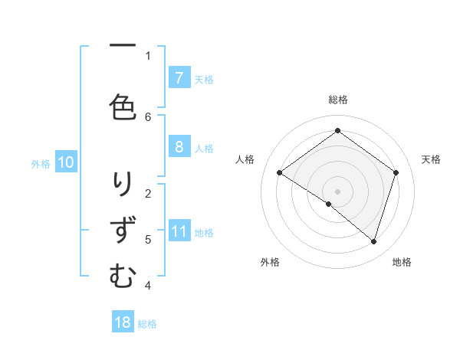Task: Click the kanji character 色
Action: click(122, 108)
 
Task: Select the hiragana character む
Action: click(123, 276)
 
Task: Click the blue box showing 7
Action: click(179, 78)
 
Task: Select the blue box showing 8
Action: click(179, 148)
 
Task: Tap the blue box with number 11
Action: click(179, 232)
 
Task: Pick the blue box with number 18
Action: click(123, 322)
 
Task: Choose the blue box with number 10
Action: click(66, 162)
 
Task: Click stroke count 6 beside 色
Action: click(148, 116)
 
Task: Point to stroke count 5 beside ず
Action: click(148, 240)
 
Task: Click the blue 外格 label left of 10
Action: click(41, 163)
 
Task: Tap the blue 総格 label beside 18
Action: click(147, 324)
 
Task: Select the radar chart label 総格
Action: click(337, 100)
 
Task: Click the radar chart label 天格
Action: click(431, 159)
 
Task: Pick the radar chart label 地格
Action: click(402, 263)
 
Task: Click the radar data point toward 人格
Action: click(280, 173)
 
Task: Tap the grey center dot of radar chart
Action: click(337, 191)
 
